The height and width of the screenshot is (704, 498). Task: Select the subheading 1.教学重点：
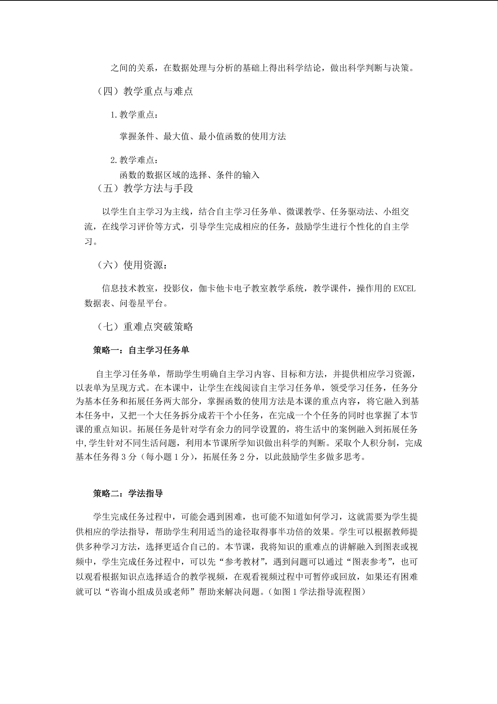(x=135, y=115)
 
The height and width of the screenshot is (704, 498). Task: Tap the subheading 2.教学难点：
(x=135, y=160)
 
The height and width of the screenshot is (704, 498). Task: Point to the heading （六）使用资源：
(x=132, y=265)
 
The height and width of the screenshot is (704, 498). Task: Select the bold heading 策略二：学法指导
(x=128, y=493)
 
